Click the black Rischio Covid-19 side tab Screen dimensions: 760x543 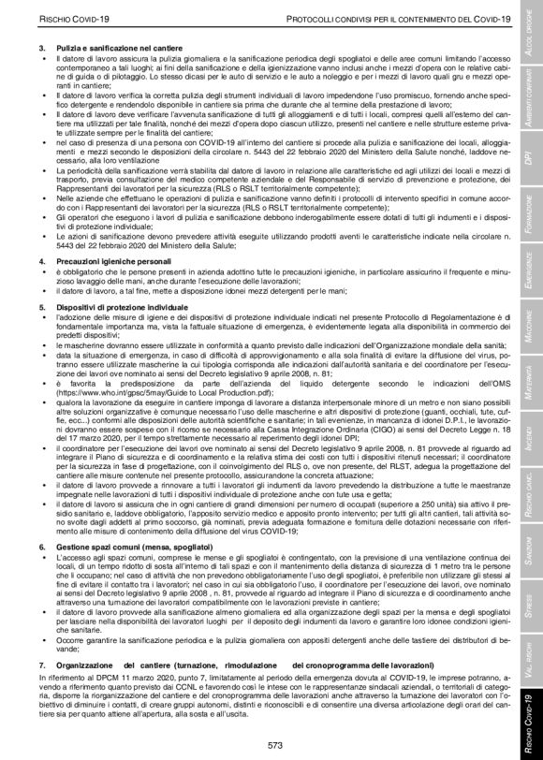coord(529,702)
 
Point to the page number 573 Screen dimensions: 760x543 coord(273,742)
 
